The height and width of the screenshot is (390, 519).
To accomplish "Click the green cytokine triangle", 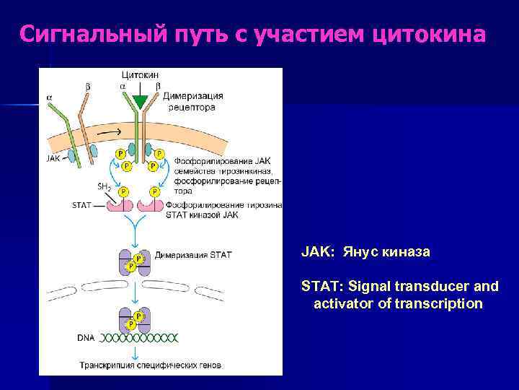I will tap(140, 101).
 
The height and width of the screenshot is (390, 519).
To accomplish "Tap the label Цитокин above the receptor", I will tap(141, 74).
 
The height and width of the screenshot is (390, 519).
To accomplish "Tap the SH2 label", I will tap(103, 186).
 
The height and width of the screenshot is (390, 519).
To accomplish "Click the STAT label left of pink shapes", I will tap(81, 205).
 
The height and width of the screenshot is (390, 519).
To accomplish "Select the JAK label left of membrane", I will tap(53, 158).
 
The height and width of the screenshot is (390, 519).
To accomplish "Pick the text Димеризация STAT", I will tap(193, 255).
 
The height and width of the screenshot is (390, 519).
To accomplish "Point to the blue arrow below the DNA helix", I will tap(134, 352).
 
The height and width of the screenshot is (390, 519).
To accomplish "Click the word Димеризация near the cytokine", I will tap(193, 96).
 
